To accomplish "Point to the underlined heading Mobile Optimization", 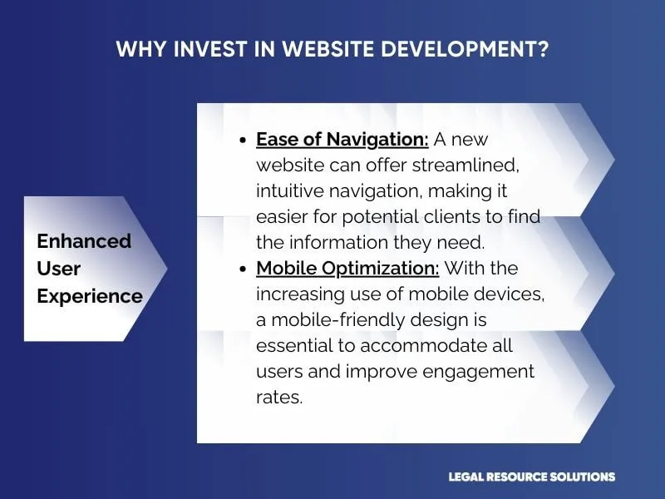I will (347, 269).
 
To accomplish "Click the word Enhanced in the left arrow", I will (84, 241).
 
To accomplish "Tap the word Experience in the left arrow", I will (90, 296).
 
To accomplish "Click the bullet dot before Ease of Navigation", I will (242, 141).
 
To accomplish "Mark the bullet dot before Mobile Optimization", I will (242, 269).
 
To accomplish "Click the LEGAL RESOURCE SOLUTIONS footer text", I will (532, 477).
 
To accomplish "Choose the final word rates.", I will (279, 398).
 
